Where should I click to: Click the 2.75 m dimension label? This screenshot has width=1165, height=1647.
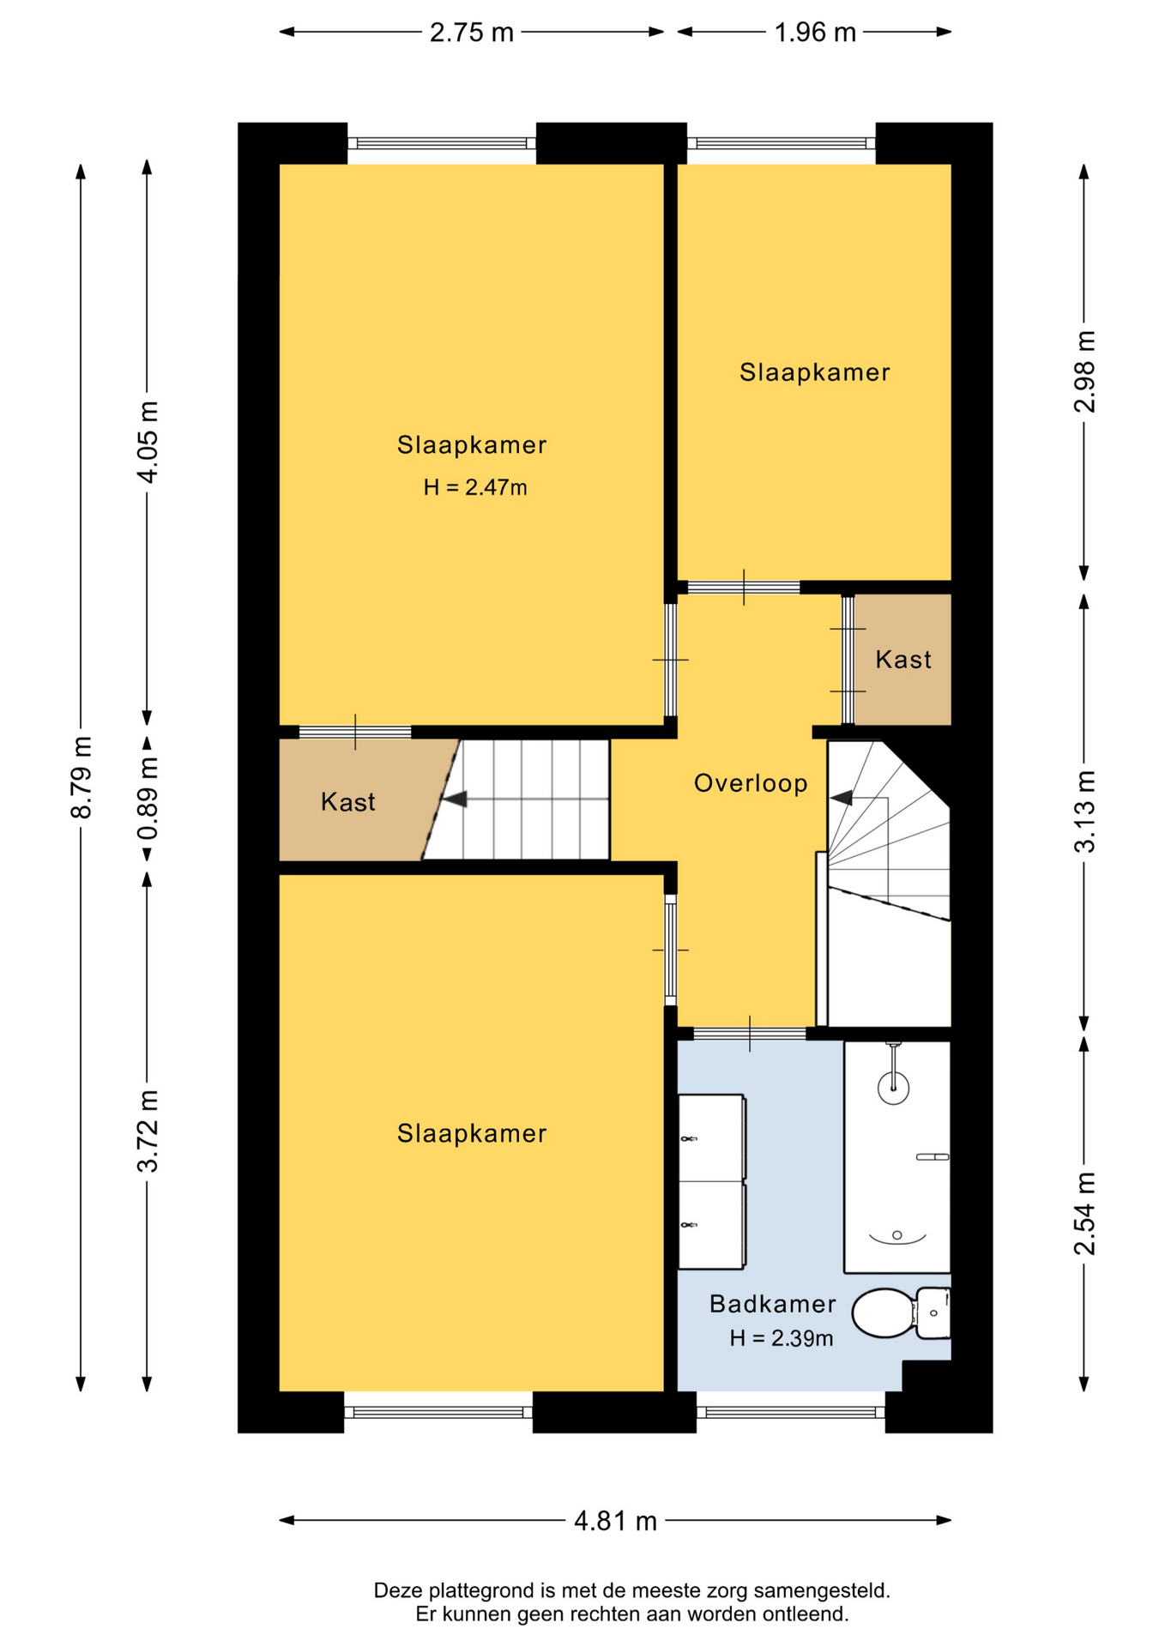471,33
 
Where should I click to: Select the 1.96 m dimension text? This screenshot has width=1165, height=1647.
815,33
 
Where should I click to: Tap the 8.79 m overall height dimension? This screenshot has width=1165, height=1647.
81,777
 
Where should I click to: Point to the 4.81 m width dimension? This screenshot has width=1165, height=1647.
615,1521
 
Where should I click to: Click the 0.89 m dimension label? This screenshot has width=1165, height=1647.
148,799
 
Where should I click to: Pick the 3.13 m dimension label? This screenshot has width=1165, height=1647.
1084,811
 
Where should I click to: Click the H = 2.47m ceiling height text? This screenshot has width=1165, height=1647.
475,488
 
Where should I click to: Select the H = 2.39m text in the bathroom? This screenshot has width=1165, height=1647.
781,1338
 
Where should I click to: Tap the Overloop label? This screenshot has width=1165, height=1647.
751,783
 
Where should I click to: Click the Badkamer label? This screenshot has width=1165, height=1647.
772,1304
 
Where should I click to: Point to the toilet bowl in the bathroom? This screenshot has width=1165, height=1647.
884,1312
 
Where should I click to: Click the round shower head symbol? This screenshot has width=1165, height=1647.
893,1088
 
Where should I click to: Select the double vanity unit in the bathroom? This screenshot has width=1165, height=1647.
711,1181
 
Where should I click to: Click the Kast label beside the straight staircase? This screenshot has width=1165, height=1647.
347,802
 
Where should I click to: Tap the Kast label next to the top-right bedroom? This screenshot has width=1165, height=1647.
903,660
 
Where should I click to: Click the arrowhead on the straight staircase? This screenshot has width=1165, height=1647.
454,799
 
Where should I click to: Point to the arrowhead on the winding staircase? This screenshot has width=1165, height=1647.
842,798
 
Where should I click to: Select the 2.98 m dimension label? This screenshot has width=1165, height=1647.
1084,371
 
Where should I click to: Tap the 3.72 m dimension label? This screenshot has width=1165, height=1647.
148,1131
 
